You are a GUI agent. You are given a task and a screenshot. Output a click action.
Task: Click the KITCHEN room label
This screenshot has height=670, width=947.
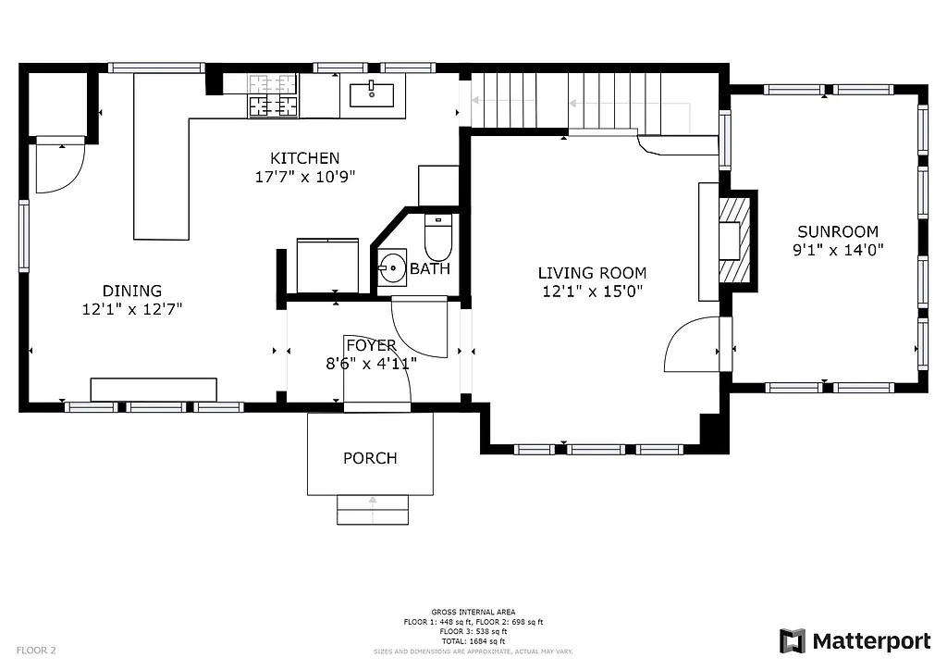point(304,158)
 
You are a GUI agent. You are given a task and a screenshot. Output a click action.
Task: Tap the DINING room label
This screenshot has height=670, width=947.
point(131,291)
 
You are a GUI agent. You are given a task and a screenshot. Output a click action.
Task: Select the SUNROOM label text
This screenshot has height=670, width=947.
point(838,231)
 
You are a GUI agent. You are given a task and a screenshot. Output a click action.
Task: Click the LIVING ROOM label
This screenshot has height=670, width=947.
point(592,273)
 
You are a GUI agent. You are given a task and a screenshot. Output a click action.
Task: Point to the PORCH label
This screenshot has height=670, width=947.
point(370,458)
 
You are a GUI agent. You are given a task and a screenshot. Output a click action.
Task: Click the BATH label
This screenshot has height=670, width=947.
point(430,269)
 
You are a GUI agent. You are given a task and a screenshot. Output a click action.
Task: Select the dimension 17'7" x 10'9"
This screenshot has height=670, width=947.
point(304,176)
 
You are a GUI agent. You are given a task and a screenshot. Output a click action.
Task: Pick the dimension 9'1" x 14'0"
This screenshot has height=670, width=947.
point(838,249)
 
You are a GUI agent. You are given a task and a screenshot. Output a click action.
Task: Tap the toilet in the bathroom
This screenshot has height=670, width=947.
point(437,238)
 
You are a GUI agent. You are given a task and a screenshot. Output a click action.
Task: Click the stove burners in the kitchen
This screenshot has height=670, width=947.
point(274,96)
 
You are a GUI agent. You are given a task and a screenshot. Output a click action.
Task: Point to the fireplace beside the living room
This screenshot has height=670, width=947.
point(732,239)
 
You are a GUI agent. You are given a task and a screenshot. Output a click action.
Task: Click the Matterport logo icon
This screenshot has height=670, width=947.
point(793,641)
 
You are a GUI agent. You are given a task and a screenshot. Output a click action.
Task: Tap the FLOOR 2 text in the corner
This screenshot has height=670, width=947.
point(36,651)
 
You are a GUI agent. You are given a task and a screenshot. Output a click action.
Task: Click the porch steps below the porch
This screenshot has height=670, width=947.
point(372,510)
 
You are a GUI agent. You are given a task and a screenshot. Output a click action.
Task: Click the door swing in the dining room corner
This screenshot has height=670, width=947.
point(59,168)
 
